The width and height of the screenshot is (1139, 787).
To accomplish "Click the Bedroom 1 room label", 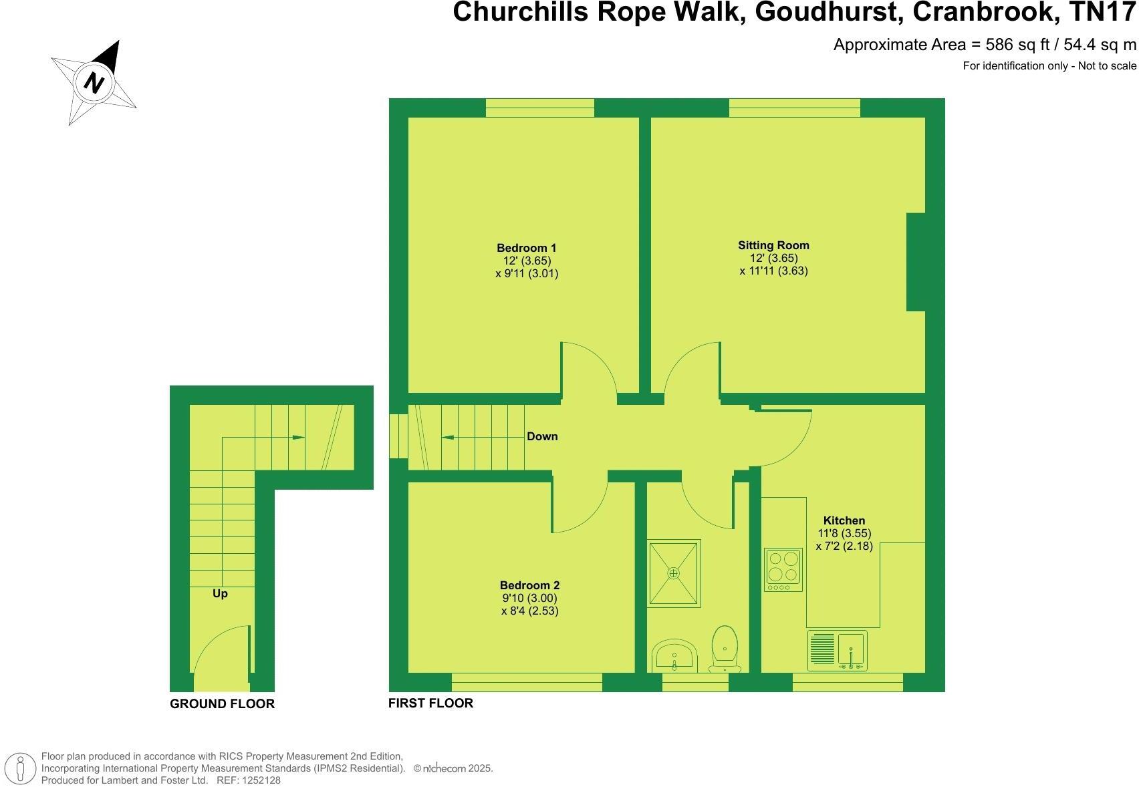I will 526,248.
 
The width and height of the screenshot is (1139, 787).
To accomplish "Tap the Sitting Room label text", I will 773,245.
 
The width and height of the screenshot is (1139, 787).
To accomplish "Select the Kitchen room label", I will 844,520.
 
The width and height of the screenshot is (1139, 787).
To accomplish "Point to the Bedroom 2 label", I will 529,585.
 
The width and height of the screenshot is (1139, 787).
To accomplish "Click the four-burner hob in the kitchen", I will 783,569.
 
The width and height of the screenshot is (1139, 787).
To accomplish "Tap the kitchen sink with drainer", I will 838,650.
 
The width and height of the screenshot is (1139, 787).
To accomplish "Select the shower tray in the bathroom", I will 674,573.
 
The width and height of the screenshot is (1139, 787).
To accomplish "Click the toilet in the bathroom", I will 725,648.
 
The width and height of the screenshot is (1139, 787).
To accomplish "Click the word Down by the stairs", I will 542,436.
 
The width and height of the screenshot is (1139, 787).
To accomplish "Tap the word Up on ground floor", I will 220,593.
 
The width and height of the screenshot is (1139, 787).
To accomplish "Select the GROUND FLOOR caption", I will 222,703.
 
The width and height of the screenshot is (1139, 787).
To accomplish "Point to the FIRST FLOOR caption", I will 430,703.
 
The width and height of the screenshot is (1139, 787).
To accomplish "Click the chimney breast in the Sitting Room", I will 916,262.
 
